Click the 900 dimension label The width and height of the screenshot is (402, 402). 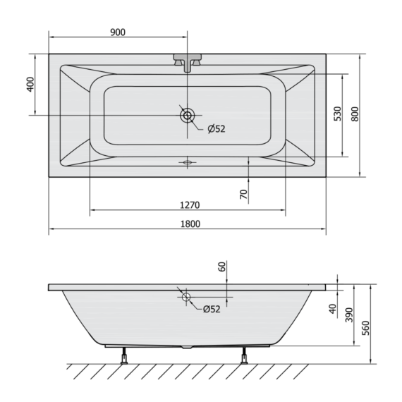[x=118, y=32]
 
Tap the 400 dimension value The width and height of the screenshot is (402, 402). [x=30, y=85]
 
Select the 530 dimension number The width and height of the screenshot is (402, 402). [x=338, y=114]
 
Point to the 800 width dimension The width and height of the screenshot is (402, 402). [x=355, y=114]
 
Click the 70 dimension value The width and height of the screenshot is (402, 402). [x=244, y=194]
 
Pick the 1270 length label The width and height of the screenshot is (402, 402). [x=190, y=205]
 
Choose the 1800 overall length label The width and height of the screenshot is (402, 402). [x=190, y=224]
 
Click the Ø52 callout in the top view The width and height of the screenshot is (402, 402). [x=217, y=128]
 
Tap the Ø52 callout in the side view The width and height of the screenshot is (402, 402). [x=212, y=309]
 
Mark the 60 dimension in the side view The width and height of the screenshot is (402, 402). [x=222, y=267]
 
